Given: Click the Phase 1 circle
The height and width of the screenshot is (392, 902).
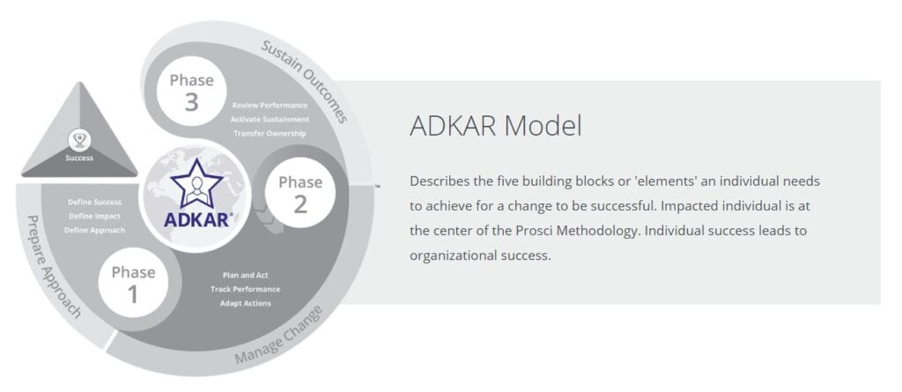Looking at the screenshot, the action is [134, 283].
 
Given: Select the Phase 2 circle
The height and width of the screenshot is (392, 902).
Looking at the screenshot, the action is [300, 193].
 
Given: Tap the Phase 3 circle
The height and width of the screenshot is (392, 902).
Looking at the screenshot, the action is [191, 91].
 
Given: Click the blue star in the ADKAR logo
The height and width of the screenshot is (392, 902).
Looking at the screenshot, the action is [196, 183].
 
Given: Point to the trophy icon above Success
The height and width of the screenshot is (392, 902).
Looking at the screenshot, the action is [79, 140].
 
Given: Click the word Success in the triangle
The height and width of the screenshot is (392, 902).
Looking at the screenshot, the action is [79, 158].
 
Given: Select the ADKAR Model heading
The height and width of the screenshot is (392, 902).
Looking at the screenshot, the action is [495, 126].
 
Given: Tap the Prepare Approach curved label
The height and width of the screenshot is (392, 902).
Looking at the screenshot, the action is [54, 267].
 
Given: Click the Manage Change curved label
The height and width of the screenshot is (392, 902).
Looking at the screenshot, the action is [279, 336].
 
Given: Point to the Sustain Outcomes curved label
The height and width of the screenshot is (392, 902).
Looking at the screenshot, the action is [305, 80].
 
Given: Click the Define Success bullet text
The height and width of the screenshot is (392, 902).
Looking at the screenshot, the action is [95, 202].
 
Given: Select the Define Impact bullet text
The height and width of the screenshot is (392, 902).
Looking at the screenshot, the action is [95, 216].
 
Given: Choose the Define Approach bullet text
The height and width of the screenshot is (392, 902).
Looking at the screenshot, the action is [95, 230].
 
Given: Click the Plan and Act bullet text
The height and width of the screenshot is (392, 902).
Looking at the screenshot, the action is [246, 275].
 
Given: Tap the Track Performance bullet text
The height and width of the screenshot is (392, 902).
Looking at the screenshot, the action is [246, 289].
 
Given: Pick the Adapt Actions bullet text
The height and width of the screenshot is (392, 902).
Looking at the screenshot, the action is [246, 303].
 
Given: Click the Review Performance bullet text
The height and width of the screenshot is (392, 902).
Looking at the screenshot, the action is [270, 106].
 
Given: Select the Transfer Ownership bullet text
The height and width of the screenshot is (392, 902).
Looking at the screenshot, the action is [270, 134].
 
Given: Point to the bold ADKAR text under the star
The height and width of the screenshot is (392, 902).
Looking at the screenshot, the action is [196, 219].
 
